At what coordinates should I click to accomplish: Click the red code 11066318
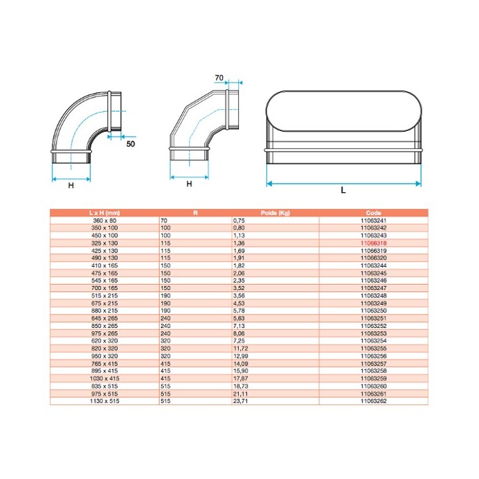pyautogui.click(x=373, y=243)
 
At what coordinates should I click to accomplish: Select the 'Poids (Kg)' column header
pyautogui.click(x=275, y=213)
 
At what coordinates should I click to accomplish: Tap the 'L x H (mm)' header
pyautogui.click(x=104, y=213)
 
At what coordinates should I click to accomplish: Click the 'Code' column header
pyautogui.click(x=373, y=213)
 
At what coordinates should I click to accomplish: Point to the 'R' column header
pyautogui.click(x=196, y=213)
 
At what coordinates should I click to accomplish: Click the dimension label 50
pyautogui.click(x=130, y=144)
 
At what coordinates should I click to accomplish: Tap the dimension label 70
pyautogui.click(x=219, y=78)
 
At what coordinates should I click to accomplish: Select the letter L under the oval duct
pyautogui.click(x=343, y=190)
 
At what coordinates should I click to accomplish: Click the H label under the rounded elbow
pyautogui.click(x=71, y=186)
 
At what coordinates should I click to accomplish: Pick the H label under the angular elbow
pyautogui.click(x=189, y=184)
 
